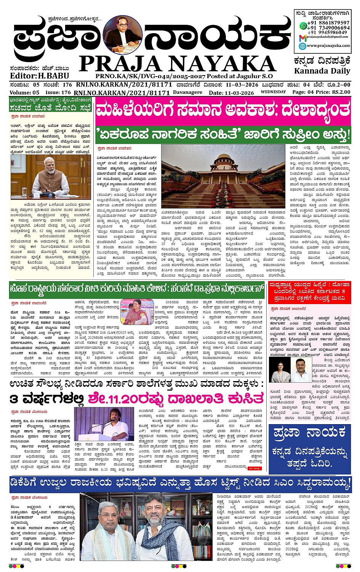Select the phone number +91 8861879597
pos(328,23)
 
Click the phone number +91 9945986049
pos(328,32)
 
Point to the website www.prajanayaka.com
pos(328,45)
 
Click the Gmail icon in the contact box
pos(302,37)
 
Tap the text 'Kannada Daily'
pos(322,71)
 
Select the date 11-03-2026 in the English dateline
pos(239,93)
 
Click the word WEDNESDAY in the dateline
pos(273,92)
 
